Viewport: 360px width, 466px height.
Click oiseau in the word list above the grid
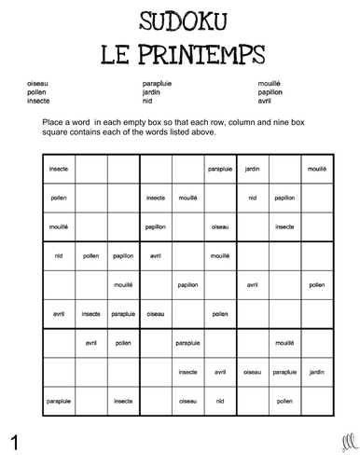(x=38, y=84)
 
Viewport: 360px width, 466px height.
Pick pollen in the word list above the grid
(x=37, y=92)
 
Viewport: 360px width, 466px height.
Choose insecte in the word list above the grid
(x=39, y=101)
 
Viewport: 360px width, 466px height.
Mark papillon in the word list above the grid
(x=271, y=92)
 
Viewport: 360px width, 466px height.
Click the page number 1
(x=15, y=438)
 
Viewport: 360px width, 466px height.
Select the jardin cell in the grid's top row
(x=251, y=169)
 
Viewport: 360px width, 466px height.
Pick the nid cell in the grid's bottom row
(x=219, y=401)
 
